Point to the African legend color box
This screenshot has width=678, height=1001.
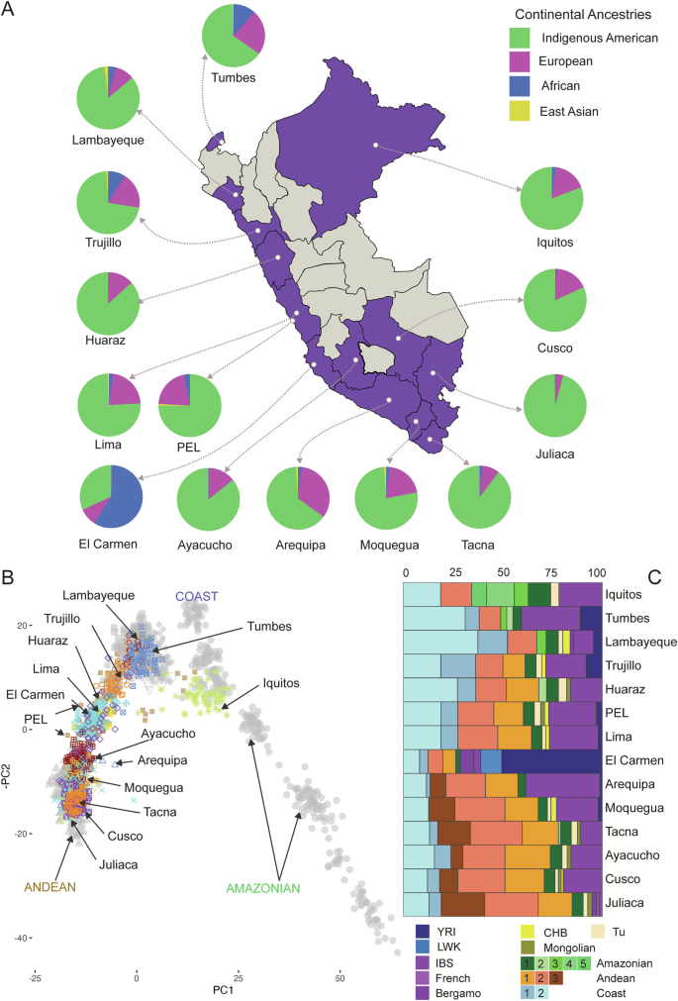pos(504,86)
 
